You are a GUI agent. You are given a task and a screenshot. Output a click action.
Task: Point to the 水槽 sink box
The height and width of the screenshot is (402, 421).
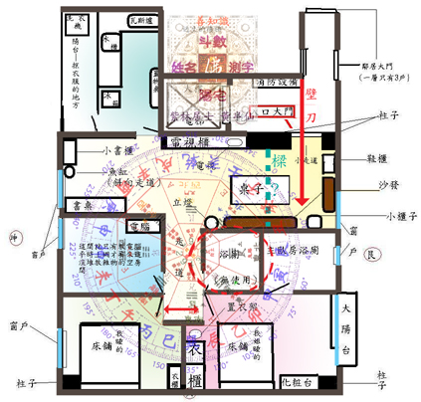(115, 49)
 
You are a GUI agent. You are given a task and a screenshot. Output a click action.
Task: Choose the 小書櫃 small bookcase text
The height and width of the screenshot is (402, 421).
(119, 152)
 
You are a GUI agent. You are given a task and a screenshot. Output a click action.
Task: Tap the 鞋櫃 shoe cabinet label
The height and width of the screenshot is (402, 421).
(376, 158)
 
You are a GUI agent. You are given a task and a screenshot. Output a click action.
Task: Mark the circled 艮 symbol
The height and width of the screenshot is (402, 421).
(371, 255)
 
